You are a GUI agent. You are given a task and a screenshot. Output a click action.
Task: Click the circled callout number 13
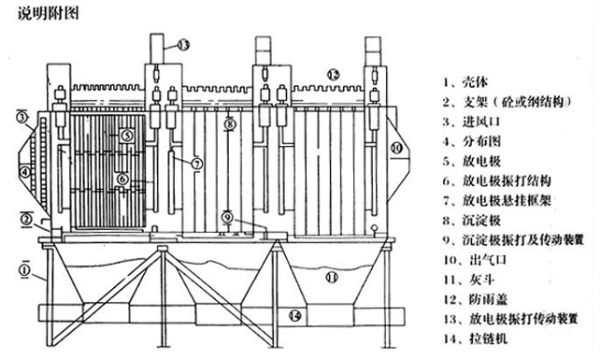click(183, 45)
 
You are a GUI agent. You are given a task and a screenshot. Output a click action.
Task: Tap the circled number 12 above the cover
click(333, 75)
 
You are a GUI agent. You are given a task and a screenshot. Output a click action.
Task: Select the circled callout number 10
click(396, 148)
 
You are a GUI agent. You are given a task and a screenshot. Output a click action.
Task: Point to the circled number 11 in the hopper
click(332, 277)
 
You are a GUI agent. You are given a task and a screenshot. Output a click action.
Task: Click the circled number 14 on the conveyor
click(294, 316)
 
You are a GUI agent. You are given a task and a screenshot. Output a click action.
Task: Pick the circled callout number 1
click(24, 270)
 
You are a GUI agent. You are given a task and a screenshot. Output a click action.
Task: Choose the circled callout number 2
click(25, 220)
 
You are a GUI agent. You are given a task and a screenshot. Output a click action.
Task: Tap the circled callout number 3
click(22, 117)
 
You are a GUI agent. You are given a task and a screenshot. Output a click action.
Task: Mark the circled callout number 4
click(25, 172)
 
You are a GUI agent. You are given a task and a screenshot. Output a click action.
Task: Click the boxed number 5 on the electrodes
click(127, 136)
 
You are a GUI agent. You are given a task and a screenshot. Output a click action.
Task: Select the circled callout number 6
click(122, 179)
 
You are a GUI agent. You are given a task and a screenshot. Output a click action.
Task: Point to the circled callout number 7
click(196, 164)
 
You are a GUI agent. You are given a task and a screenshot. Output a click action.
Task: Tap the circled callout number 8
click(229, 123)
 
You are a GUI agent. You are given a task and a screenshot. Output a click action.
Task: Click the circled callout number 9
click(228, 218)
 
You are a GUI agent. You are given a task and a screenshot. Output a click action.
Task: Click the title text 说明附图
click(49, 13)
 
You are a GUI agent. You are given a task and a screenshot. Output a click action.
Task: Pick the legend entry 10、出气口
click(475, 260)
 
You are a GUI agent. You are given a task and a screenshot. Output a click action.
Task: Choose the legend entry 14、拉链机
click(475, 338)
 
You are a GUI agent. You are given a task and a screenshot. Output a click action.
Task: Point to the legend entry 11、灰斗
click(468, 280)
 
